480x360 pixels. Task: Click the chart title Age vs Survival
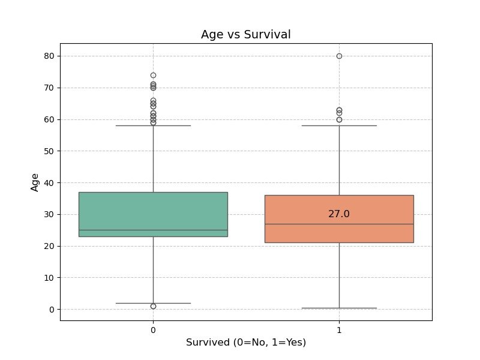(245, 34)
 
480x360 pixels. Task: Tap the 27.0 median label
(338, 214)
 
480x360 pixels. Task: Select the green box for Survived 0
(153, 214)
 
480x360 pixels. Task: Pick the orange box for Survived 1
(339, 219)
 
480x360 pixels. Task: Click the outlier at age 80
(339, 56)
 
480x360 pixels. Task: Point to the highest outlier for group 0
(153, 76)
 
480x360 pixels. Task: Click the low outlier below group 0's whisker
(153, 306)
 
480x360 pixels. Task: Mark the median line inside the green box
(153, 230)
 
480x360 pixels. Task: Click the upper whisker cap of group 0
(153, 125)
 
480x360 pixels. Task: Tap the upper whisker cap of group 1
(339, 125)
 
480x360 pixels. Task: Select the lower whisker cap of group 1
(339, 308)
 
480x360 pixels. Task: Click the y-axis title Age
(35, 182)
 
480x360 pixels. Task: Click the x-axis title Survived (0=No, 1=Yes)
(246, 342)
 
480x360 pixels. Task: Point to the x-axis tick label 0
(153, 330)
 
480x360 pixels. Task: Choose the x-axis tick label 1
(339, 330)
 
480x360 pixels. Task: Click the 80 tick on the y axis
(49, 56)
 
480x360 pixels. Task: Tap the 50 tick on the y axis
(49, 151)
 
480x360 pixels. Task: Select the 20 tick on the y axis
(49, 246)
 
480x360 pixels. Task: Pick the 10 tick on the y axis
(49, 278)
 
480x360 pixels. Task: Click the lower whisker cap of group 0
(153, 303)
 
